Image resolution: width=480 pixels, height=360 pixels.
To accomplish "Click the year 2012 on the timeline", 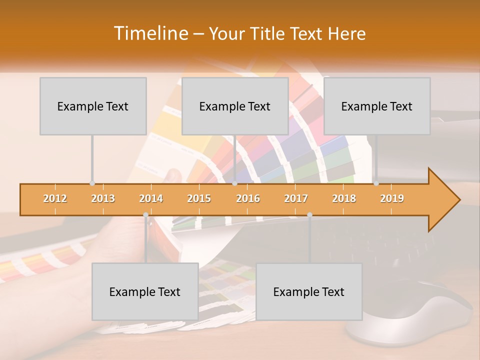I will coord(55,198).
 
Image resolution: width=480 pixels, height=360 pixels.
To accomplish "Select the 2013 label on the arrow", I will coord(103,198).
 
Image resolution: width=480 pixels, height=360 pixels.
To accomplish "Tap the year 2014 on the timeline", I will coord(151,198).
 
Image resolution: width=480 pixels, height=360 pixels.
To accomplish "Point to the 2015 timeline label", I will coord(199,198).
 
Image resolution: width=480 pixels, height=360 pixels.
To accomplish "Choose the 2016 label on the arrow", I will coord(248,198).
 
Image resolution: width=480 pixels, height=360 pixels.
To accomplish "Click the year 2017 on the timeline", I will coord(296,198).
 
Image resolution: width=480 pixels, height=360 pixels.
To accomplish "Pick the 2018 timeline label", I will coord(344,198).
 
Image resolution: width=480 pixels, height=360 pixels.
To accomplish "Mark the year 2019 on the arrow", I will coord(392,198).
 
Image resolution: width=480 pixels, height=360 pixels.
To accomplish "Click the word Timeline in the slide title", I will coord(150,33).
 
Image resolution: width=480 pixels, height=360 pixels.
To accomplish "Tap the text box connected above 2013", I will coord(93,106).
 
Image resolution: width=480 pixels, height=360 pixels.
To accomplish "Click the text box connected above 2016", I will coord(235,106).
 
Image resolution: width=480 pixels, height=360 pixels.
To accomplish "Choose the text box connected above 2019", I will coord(377,106).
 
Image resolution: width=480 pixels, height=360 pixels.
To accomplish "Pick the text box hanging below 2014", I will coord(145,291).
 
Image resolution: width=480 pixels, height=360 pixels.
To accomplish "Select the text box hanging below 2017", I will coord(309,291).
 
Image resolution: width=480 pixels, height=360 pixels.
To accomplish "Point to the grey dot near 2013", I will coord(92,183).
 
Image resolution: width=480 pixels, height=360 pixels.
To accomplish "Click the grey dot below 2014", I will coord(145,214).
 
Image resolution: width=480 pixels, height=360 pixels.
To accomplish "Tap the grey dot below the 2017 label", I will coord(309,214).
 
